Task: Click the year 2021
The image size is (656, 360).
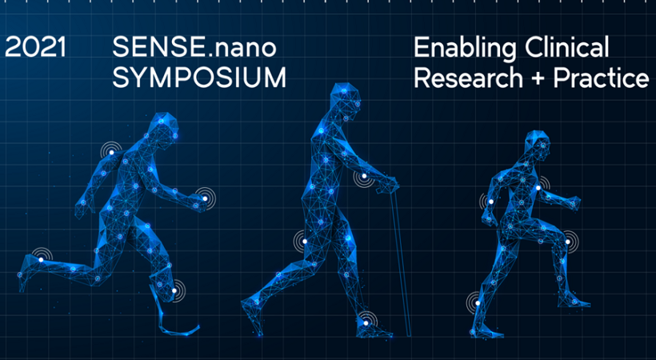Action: pos(35,47)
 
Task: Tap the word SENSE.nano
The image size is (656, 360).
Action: pos(194,47)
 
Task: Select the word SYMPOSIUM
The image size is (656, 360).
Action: pos(199,78)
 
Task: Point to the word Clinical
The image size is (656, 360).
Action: pos(567,47)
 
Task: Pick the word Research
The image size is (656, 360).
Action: pos(469,78)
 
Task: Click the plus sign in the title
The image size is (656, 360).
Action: pos(538,78)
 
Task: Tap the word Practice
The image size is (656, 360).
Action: pos(601,78)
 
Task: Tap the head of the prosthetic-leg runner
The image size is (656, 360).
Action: pos(166,126)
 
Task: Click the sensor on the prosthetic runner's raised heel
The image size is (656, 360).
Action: pos(41,259)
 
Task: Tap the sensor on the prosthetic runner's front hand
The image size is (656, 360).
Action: pos(205,198)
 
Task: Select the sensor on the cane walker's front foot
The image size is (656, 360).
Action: pos(366,322)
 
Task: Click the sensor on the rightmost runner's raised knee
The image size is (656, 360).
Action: pos(568,242)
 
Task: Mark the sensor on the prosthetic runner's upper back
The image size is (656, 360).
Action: pos(111,152)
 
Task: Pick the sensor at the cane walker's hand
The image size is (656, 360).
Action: pos(364,176)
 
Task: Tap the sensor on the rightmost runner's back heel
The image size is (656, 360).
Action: pos(478,303)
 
